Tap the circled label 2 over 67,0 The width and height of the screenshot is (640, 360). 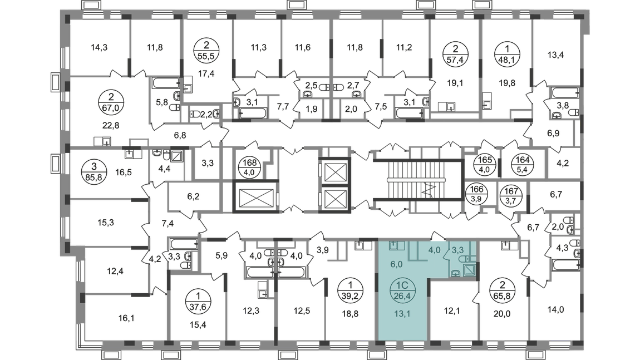111,102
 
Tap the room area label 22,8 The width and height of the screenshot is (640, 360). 111,125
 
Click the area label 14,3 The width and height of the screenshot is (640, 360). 99,47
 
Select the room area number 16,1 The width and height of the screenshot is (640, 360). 126,318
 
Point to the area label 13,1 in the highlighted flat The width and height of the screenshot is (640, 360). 402,314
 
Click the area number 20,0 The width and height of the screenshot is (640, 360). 502,314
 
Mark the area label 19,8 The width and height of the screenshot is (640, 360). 507,83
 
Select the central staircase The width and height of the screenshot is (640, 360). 418,180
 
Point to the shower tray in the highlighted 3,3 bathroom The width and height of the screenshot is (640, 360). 469,270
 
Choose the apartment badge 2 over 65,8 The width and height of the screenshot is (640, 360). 503,290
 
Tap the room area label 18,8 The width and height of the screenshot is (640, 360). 350,314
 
